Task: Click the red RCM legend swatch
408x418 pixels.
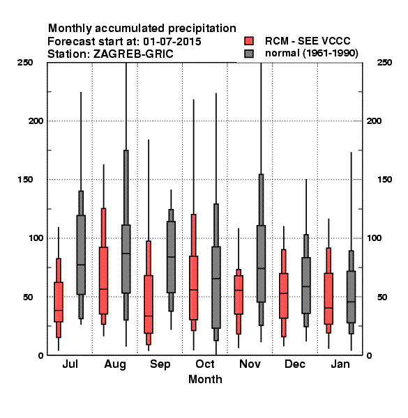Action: [249, 41]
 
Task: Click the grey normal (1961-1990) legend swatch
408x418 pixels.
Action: [249, 54]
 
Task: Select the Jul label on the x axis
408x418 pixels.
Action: [70, 364]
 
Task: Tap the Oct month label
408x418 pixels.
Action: [205, 364]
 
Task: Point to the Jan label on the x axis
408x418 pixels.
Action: [340, 364]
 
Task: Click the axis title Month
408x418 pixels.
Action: [205, 380]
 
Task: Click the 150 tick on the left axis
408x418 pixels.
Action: [25, 180]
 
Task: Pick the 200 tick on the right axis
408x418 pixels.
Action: [374, 121]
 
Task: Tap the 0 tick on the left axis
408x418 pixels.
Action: [40, 355]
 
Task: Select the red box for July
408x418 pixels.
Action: [59, 302]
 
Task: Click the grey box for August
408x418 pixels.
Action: [126, 259]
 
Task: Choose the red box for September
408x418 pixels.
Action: [149, 304]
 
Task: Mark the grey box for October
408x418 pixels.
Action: [216, 287]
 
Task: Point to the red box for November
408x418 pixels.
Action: [239, 295]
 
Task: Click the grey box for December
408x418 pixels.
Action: [306, 286]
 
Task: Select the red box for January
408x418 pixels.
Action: [328, 299]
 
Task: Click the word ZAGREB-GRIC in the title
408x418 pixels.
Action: [133, 54]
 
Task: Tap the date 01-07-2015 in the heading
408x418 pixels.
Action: [172, 42]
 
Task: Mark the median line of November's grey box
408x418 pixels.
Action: [262, 268]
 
